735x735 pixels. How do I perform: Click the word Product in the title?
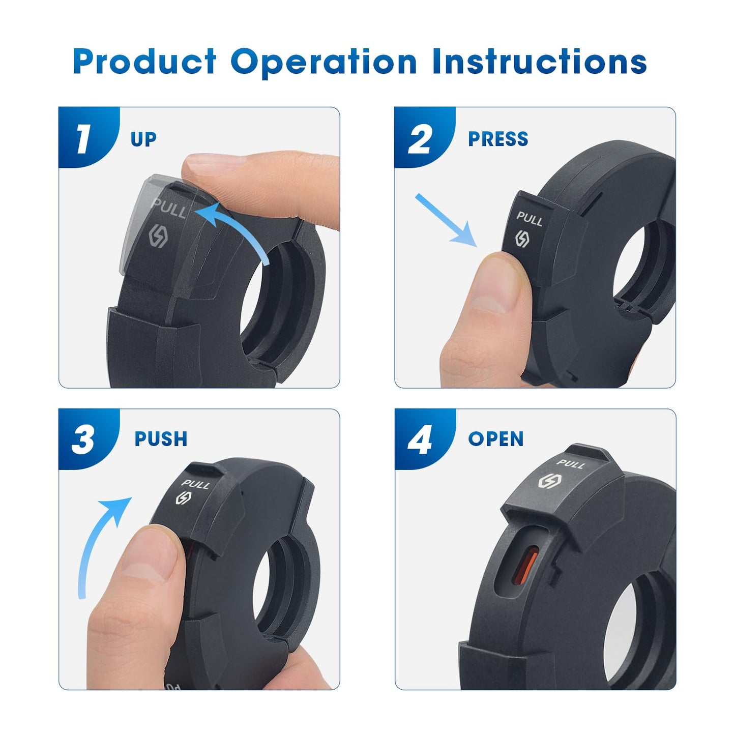pyautogui.click(x=145, y=62)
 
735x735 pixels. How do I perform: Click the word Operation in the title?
pyautogui.click(x=324, y=62)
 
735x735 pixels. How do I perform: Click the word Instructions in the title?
pyautogui.click(x=539, y=62)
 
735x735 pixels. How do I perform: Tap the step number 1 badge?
pyautogui.click(x=84, y=138)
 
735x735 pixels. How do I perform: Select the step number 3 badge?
pyautogui.click(x=83, y=439)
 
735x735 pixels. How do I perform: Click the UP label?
pyautogui.click(x=143, y=139)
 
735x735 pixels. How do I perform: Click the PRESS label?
pyautogui.click(x=497, y=139)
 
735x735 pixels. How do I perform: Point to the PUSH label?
pyautogui.click(x=161, y=439)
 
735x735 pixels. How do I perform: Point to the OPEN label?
pyautogui.click(x=495, y=439)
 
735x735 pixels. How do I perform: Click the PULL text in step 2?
pyautogui.click(x=530, y=219)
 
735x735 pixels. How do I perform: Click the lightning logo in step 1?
pyautogui.click(x=159, y=238)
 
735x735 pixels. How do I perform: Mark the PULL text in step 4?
pyautogui.click(x=571, y=463)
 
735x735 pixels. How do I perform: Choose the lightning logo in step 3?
pyautogui.click(x=183, y=498)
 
